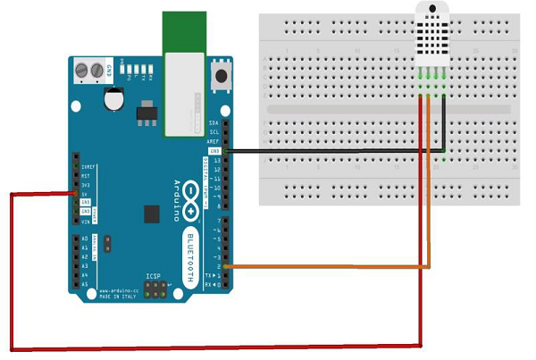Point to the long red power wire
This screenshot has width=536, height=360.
[214, 347]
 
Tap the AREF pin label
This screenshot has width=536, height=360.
[212, 141]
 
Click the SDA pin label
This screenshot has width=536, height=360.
[213, 123]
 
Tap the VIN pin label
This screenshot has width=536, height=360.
[86, 220]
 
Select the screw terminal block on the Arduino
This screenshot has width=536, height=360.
[88, 69]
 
